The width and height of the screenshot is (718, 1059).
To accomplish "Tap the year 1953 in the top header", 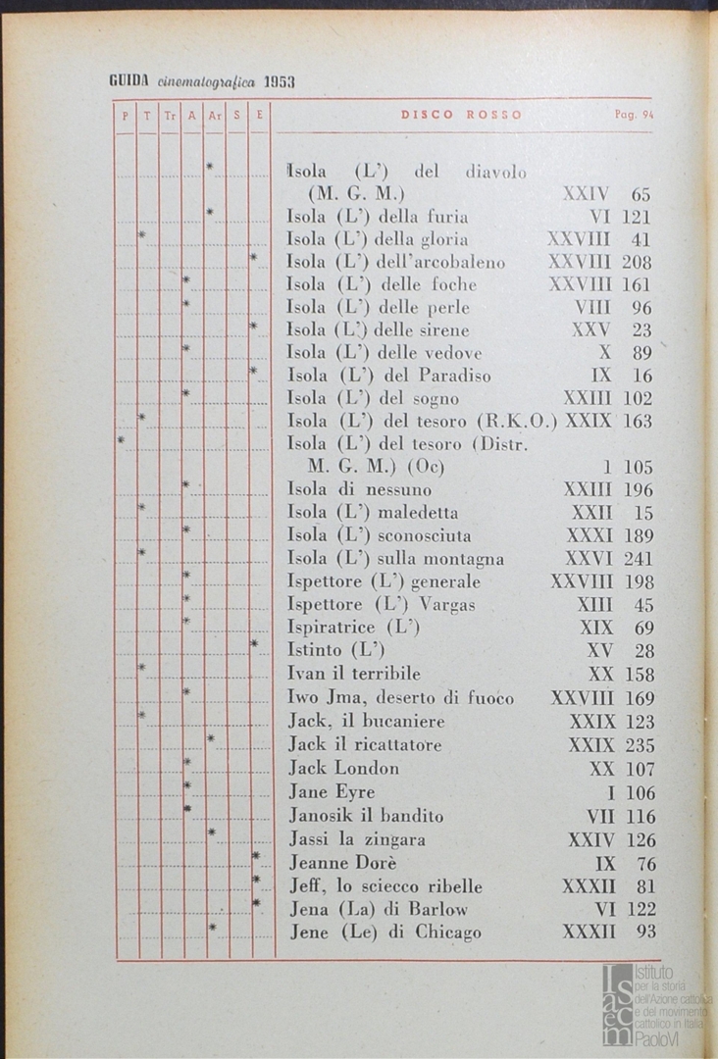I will (x=279, y=82).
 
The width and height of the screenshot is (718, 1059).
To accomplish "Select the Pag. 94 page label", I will (x=634, y=115).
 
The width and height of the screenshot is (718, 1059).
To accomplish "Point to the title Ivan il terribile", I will (x=354, y=675).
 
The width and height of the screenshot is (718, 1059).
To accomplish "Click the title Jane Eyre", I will (x=332, y=792).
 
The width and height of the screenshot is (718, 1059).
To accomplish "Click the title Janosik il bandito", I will (x=366, y=816).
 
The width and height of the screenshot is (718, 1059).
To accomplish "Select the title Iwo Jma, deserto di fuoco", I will (x=400, y=698).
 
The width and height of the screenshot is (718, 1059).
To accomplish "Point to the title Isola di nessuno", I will (x=359, y=489).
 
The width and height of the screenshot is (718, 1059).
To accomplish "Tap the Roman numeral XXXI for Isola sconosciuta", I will (x=589, y=535).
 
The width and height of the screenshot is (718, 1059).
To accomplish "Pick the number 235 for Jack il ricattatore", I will (x=639, y=745).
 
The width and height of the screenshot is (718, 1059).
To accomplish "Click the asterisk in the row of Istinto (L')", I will (x=254, y=644).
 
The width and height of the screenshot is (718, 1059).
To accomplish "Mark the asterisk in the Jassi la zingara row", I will (x=212, y=833).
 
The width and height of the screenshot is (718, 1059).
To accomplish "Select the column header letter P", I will (x=125, y=115).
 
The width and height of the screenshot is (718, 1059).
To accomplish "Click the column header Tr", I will (x=170, y=115).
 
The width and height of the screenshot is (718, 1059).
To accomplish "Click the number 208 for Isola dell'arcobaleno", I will (x=638, y=262).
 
